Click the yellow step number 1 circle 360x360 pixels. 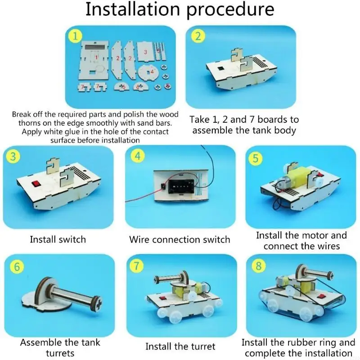coord(74,36)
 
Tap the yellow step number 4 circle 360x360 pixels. coord(138,156)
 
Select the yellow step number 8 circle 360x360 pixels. coord(259,266)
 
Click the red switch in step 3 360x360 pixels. coord(36,184)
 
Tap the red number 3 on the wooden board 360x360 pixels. coord(145,52)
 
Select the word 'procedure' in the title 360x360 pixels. coord(230,9)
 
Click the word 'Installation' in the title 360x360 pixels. coord(132,9)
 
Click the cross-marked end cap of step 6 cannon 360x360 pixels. coord(98,305)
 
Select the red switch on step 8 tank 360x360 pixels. coord(319,296)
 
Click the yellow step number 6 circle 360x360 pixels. coord(17,266)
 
